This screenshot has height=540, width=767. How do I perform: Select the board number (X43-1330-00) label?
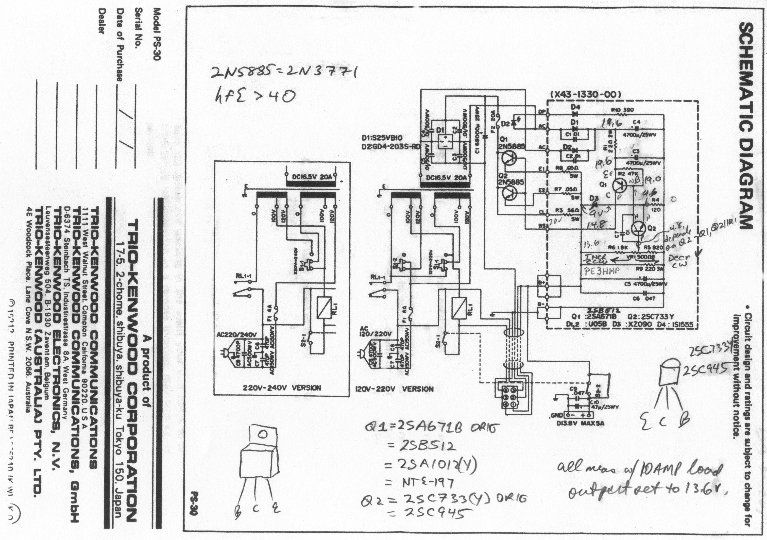tap(585, 95)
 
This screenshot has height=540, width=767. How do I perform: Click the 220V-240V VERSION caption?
tap(282, 388)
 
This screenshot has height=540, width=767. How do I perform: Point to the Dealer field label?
tap(101, 25)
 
